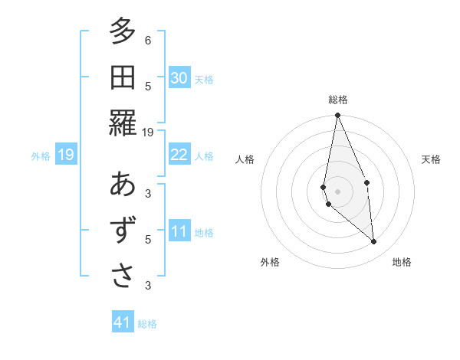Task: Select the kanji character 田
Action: (x=122, y=77)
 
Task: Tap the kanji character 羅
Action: (x=122, y=122)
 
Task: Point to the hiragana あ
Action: (x=122, y=185)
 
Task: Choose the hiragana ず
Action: (x=122, y=230)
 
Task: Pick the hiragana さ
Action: (x=122, y=275)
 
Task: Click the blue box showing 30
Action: (x=179, y=78)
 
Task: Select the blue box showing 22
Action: (x=179, y=155)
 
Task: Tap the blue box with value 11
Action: (x=179, y=231)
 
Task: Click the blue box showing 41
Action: (x=123, y=322)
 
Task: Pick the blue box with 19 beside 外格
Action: (x=65, y=155)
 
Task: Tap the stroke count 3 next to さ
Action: (x=148, y=285)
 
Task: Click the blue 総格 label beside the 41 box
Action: (x=147, y=324)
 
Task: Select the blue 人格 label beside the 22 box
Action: (x=204, y=156)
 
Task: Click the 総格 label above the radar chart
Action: (x=338, y=100)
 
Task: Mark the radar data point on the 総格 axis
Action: (x=337, y=116)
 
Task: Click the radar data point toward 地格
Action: (x=373, y=241)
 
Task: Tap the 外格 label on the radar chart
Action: (x=270, y=262)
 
